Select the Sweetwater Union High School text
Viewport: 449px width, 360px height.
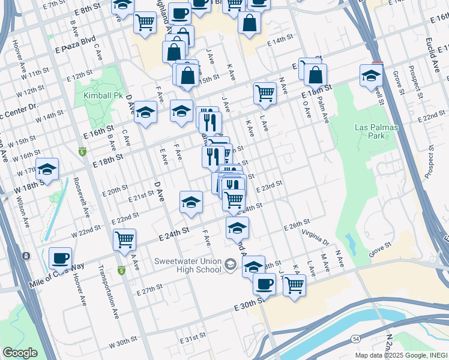(187, 266)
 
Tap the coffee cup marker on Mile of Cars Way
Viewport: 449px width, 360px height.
(60, 258)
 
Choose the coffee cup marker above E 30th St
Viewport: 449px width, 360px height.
(264, 284)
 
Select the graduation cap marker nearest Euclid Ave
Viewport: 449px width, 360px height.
(372, 75)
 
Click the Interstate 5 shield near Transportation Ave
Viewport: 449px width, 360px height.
(121, 272)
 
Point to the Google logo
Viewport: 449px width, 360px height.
(20, 353)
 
